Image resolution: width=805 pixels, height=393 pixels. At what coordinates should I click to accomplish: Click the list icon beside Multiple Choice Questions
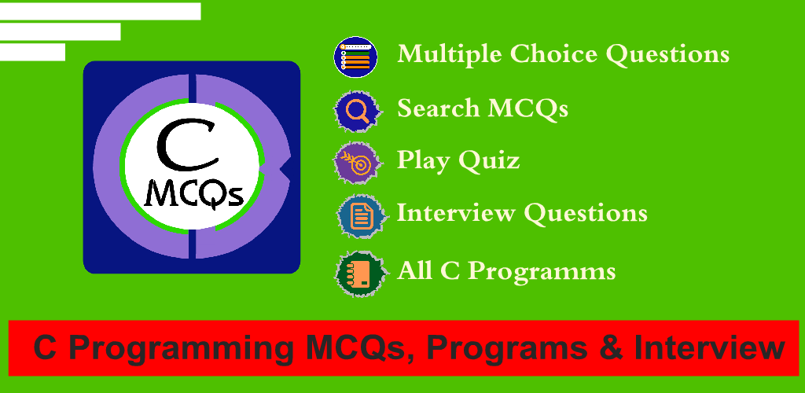(356, 57)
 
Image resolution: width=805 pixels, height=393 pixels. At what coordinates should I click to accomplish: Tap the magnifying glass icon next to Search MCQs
(358, 112)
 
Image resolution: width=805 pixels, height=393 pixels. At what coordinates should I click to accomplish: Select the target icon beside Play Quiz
(358, 162)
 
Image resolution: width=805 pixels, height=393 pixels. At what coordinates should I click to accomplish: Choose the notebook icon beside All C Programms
(360, 274)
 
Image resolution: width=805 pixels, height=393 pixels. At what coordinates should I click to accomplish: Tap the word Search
(439, 108)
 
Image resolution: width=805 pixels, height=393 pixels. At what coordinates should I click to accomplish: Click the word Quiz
(489, 160)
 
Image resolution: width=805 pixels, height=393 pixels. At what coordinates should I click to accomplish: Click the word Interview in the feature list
(456, 212)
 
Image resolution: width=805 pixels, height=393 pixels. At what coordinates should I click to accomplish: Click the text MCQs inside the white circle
(193, 194)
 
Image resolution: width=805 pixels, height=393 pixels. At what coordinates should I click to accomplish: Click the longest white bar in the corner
(100, 11)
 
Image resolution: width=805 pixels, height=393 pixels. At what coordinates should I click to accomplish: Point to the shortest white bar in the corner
(32, 52)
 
